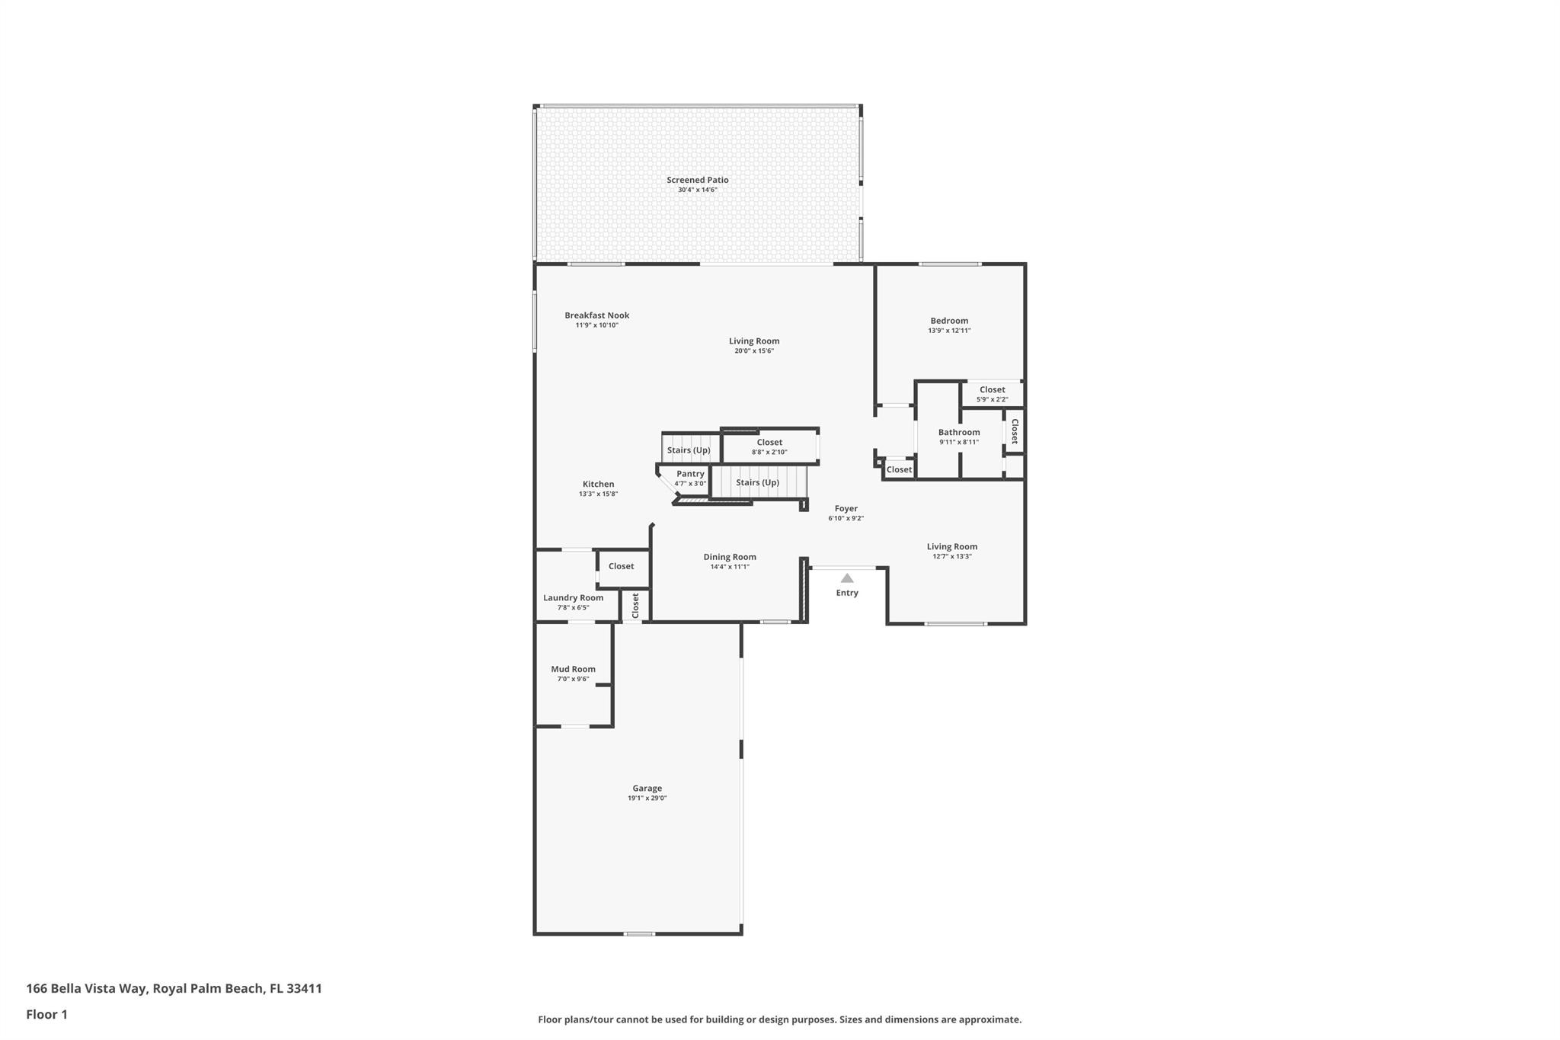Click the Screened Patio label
pyautogui.click(x=697, y=180)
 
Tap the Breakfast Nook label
pyautogui.click(x=596, y=315)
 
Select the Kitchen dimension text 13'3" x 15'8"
pyautogui.click(x=598, y=494)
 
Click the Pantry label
pyautogui.click(x=690, y=474)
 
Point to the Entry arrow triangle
pyautogui.click(x=846, y=578)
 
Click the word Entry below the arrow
pyautogui.click(x=846, y=593)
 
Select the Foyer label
pyautogui.click(x=846, y=508)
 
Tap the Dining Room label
pyautogui.click(x=729, y=557)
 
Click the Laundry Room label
pyautogui.click(x=573, y=597)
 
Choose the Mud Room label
pyautogui.click(x=573, y=669)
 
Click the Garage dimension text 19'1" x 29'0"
pyautogui.click(x=647, y=798)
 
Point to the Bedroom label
pyautogui.click(x=948, y=321)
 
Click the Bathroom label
pyautogui.click(x=958, y=432)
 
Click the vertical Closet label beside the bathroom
pyautogui.click(x=1014, y=431)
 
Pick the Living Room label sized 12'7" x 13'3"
pyautogui.click(x=951, y=546)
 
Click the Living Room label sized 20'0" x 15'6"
pyautogui.click(x=753, y=341)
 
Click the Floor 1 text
pyautogui.click(x=46, y=1014)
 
